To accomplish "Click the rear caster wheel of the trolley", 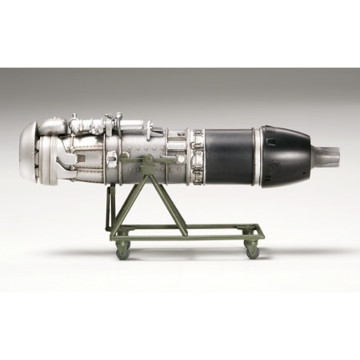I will [253, 251].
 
